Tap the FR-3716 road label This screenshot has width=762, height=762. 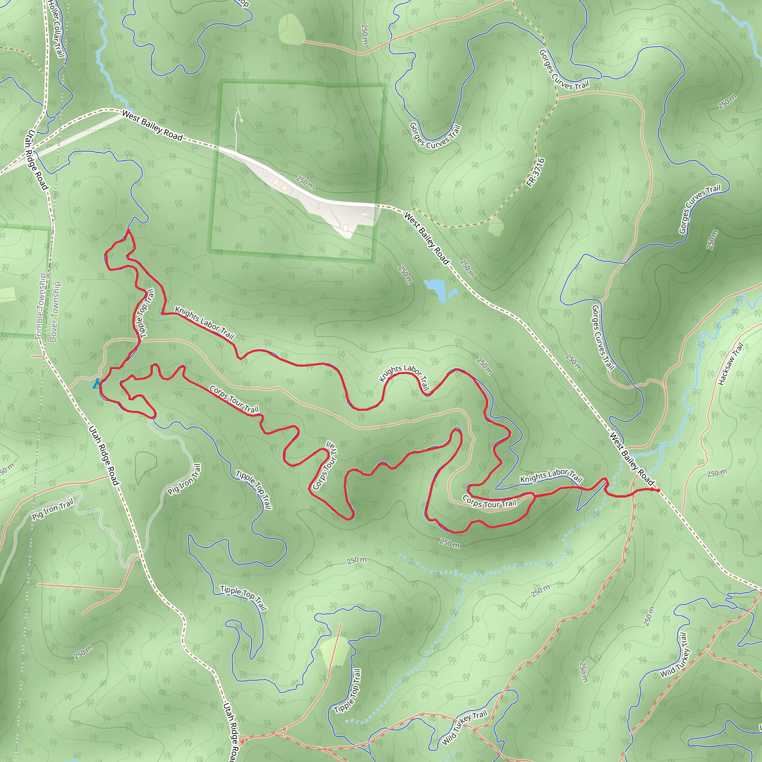pyautogui.click(x=536, y=172)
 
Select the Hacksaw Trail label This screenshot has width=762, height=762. pyautogui.click(x=730, y=364)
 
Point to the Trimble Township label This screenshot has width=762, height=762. pyautogui.click(x=40, y=307)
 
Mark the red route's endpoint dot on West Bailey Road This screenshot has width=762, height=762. pyautogui.click(x=658, y=490)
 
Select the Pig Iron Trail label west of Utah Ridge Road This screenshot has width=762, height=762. pyautogui.click(x=53, y=509)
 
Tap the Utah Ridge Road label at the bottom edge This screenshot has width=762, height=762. pyautogui.click(x=231, y=731)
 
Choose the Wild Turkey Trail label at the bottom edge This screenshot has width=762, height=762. pyautogui.click(x=465, y=728)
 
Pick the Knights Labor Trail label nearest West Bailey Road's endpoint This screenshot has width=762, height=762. pyautogui.click(x=551, y=476)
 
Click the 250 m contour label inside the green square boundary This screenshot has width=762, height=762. pyautogui.click(x=305, y=182)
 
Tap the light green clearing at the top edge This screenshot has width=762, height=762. pyautogui.click(x=291, y=28)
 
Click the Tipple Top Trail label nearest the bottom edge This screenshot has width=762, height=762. pyautogui.click(x=348, y=691)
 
